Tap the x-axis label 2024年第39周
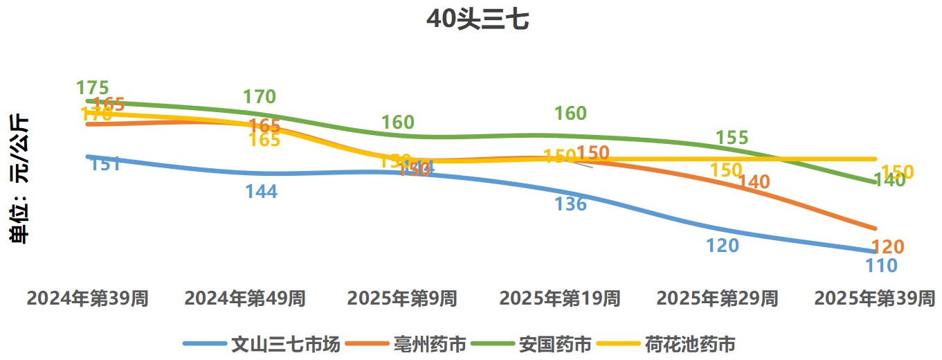coord(87,298)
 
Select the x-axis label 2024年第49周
coord(245,298)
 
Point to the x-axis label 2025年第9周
coord(402,298)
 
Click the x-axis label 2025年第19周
coord(560,298)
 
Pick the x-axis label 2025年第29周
coord(717,298)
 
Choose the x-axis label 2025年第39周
coord(875,298)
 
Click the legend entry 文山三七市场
coord(285,343)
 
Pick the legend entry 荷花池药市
coord(689,343)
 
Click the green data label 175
coord(93,88)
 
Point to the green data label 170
coord(260,97)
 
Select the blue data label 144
coord(261,192)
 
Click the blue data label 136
coord(570,204)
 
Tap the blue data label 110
coord(881,265)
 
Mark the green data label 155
coord(732,138)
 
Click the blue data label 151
coord(106,164)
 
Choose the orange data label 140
coord(754,182)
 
